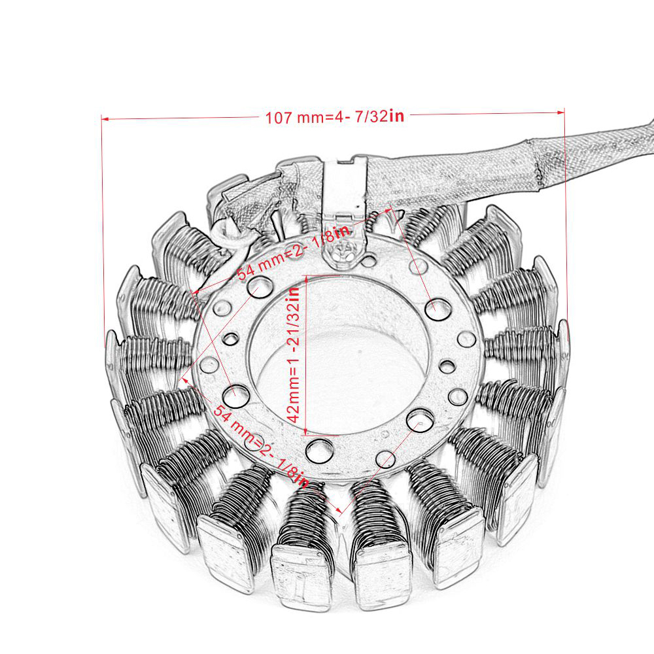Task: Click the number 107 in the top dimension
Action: click(279, 118)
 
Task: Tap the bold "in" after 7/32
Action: click(397, 115)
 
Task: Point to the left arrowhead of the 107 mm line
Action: click(105, 119)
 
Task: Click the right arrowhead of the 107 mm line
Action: click(561, 112)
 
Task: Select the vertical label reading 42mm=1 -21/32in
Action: click(294, 354)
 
